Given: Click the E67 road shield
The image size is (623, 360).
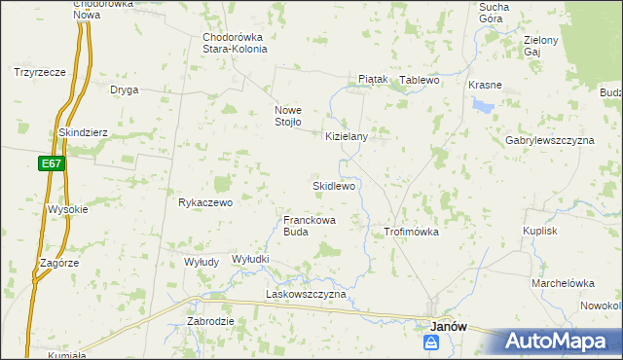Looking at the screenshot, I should coord(53,164).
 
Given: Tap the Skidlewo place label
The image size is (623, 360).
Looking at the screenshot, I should coord(335,185).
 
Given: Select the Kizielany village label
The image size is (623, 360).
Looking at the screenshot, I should coord(346,137).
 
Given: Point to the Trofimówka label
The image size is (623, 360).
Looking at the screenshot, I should coord(411,233).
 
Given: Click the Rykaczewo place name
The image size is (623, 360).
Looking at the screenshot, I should coord(204,203).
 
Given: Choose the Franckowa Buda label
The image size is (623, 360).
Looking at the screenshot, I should coord(310,227).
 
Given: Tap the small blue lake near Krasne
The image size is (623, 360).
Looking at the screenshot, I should coord(481,105).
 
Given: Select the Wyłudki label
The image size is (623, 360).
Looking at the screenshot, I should coord(250,259).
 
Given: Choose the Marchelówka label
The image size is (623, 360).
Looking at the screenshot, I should coord(562,283).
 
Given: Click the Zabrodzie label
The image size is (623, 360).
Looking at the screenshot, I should coord(209,321).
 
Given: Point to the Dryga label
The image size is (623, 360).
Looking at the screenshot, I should coord(124,90).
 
